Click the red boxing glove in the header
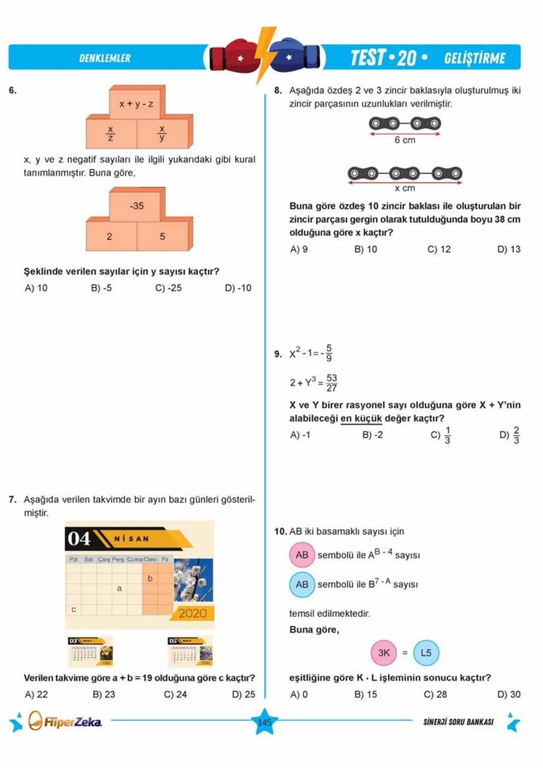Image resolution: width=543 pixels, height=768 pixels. pyautogui.click(x=234, y=57)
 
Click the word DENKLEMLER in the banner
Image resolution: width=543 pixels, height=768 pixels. pyautogui.click(x=105, y=58)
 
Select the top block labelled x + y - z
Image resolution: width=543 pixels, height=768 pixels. pyautogui.click(x=136, y=104)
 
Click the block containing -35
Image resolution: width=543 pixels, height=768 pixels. pyautogui.click(x=136, y=206)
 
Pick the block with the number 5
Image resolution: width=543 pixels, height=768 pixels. pyautogui.click(x=162, y=236)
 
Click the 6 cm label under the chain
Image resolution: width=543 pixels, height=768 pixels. pyautogui.click(x=405, y=140)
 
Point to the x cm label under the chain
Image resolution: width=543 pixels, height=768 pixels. pyautogui.click(x=405, y=188)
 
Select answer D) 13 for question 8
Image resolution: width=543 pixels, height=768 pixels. pyautogui.click(x=508, y=249)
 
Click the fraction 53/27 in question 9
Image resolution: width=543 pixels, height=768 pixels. pyautogui.click(x=331, y=382)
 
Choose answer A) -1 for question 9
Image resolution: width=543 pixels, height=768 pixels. pyautogui.click(x=300, y=435)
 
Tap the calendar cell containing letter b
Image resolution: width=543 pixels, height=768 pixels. pyautogui.click(x=150, y=578)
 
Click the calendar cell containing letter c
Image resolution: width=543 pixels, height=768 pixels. pyautogui.click(x=73, y=609)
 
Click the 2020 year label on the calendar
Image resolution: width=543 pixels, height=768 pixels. pyautogui.click(x=193, y=613)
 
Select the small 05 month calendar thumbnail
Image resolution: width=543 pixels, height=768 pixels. pyautogui.click(x=190, y=651)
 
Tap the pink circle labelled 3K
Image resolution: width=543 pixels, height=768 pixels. pyautogui.click(x=384, y=653)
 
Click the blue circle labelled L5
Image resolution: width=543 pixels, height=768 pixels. pyautogui.click(x=426, y=653)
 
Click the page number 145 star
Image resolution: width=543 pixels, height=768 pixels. pyautogui.click(x=264, y=722)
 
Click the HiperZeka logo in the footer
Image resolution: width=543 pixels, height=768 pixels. pyautogui.click(x=65, y=722)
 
